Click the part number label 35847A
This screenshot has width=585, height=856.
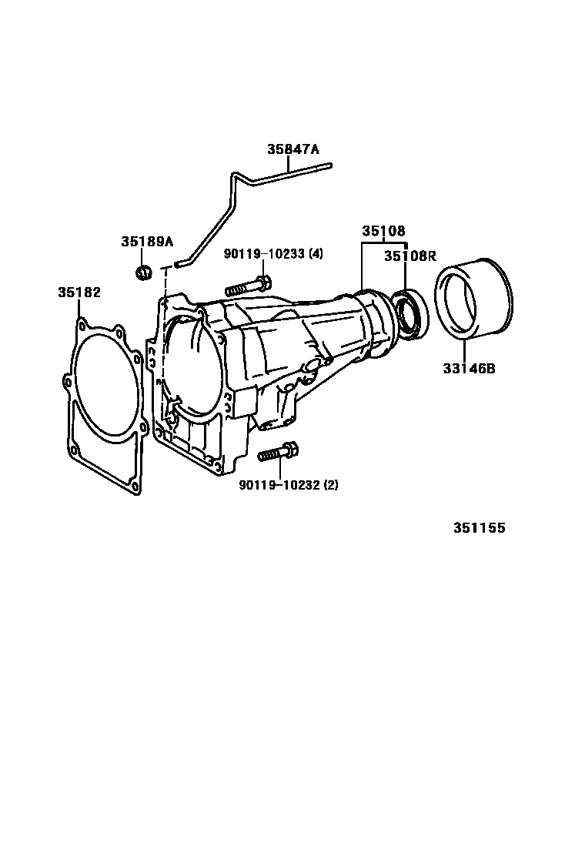pos(293,149)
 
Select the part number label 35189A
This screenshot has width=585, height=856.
pos(147,241)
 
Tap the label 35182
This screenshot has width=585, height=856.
pos(79,292)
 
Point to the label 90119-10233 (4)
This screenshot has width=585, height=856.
pos(273,254)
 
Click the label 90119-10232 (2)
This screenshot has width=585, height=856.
pos(288,485)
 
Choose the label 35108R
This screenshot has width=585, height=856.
pos(410,256)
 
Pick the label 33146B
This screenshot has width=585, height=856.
pos(469,369)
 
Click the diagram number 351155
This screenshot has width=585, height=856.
pos(479,528)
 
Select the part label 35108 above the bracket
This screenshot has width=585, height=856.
pos(383,231)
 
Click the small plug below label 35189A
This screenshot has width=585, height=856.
pos(143,271)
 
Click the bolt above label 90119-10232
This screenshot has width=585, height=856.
pos(277,453)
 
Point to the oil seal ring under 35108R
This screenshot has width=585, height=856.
pos(411,315)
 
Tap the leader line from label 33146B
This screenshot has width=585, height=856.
pos(464,351)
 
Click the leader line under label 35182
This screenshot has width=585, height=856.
pos(79,309)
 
